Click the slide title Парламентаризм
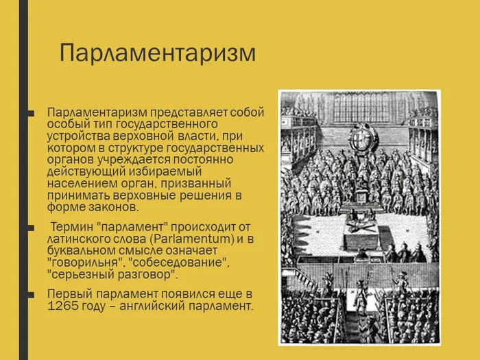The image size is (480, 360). click(x=157, y=53)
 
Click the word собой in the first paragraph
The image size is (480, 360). click(x=247, y=112)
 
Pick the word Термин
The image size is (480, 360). click(x=71, y=227)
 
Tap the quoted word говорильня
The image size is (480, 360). click(x=84, y=263)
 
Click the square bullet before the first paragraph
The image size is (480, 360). click(x=31, y=114)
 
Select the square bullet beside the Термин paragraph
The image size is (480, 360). click(x=31, y=228)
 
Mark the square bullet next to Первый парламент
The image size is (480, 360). click(x=31, y=295)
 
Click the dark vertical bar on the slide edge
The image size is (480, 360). click(x=23, y=180)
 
